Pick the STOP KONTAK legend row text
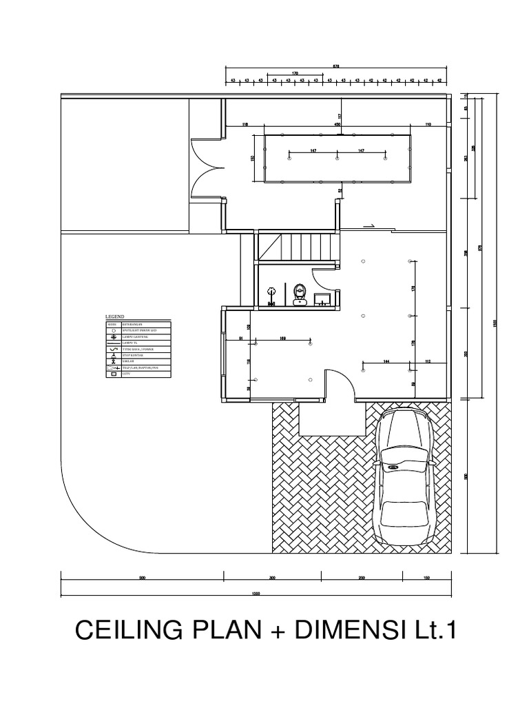[132, 355]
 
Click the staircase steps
[298, 246]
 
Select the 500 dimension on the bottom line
[142, 578]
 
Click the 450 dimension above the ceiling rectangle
[338, 125]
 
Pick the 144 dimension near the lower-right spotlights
[386, 361]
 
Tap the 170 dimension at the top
[295, 72]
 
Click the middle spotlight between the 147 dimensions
[337, 159]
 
